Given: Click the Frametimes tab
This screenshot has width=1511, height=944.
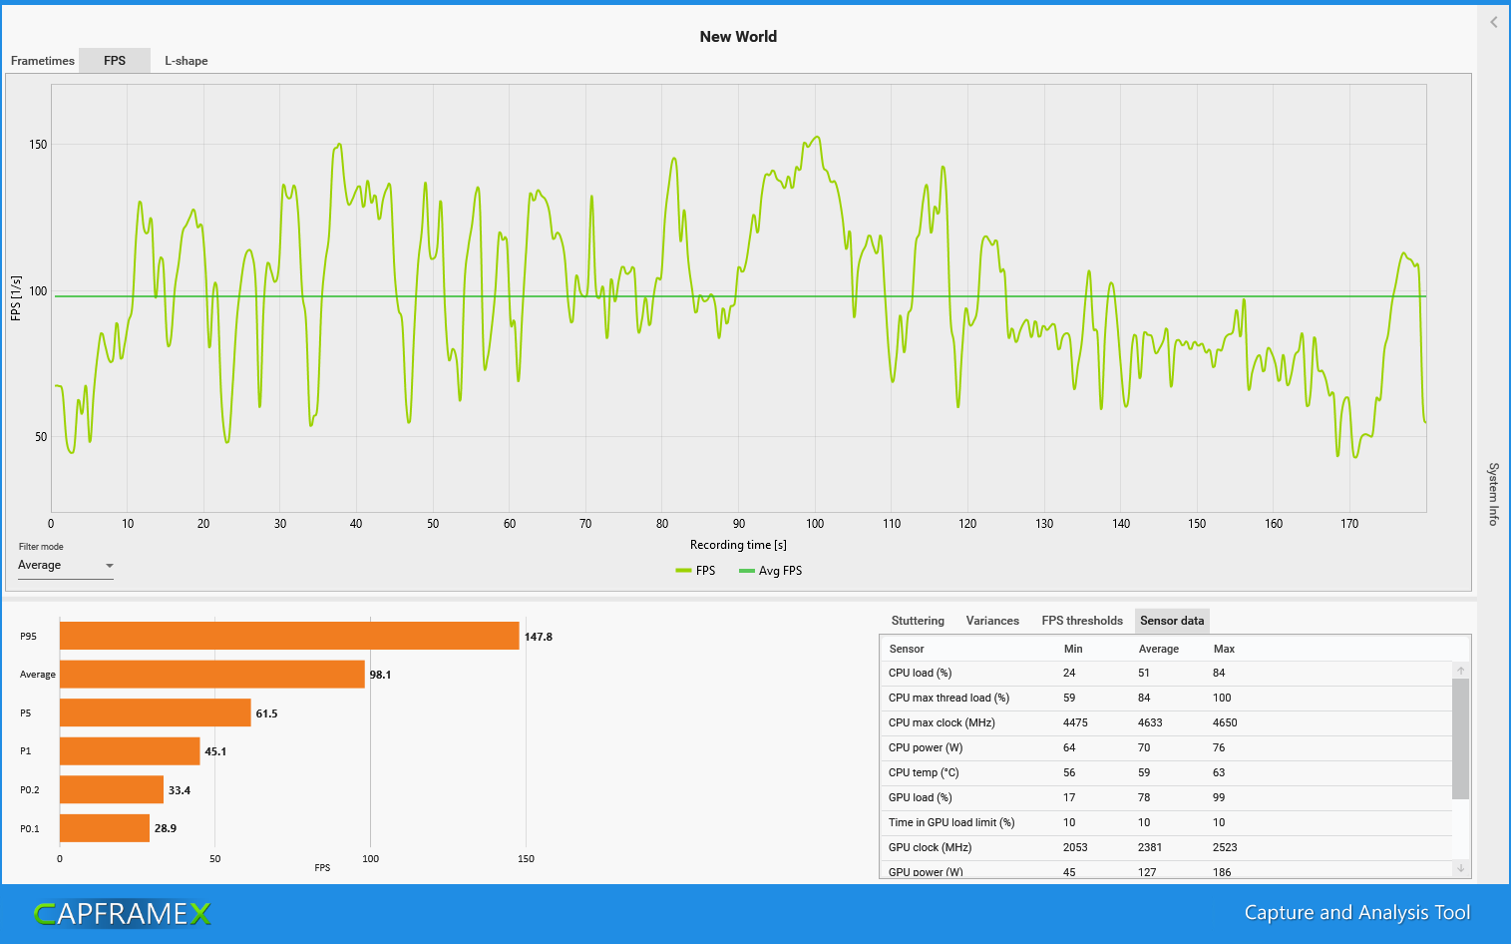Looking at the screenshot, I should [42, 61].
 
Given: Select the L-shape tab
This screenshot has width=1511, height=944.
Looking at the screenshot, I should [187, 61].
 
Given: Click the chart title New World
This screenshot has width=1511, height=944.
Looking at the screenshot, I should [738, 37].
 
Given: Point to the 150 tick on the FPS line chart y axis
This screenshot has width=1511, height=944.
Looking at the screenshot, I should [38, 145].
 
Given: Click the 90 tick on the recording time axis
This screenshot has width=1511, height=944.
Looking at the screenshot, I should [739, 524].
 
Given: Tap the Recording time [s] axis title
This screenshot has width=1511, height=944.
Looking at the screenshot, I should [738, 545].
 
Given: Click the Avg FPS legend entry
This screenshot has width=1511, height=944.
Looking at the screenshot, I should [771, 571].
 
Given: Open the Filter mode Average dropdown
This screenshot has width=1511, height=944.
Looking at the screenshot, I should [66, 566].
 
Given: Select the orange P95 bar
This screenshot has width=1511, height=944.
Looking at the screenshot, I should [289, 637].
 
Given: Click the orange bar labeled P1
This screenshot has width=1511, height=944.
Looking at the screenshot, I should [130, 751].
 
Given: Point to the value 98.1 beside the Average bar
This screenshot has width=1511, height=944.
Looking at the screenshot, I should [380, 675].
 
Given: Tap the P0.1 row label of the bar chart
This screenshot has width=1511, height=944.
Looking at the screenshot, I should [30, 828].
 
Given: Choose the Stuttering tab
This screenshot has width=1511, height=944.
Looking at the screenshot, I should [918, 621].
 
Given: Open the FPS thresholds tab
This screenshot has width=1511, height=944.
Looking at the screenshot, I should [1082, 621].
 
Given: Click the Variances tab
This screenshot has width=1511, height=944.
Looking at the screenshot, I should [992, 621].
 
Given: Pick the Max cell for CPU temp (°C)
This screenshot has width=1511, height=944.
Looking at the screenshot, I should [1219, 772].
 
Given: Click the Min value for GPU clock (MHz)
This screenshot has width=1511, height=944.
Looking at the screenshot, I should [1075, 847].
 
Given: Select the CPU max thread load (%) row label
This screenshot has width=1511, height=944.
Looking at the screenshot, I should [948, 698].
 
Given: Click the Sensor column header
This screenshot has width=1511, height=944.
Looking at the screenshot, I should [907, 649].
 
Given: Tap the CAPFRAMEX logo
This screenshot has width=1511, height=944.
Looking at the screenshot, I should [122, 913].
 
